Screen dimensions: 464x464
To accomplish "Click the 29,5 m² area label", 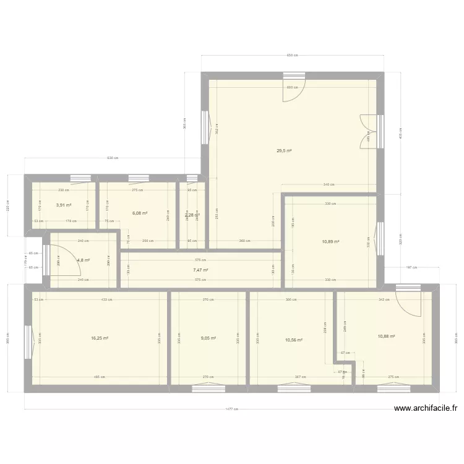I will pyautogui.click(x=285, y=150).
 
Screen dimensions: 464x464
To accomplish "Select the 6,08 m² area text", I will pyautogui.click(x=140, y=213).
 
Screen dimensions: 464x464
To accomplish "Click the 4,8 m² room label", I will pyautogui.click(x=84, y=260).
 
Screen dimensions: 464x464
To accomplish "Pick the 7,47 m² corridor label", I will pyautogui.click(x=200, y=270).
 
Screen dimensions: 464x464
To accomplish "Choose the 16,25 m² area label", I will pyautogui.click(x=99, y=338).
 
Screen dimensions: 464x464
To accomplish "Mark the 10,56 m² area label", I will pyautogui.click(x=293, y=340).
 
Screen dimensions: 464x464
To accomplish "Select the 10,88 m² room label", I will pyautogui.click(x=386, y=337).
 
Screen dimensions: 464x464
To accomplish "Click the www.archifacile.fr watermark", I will pyautogui.click(x=425, y=408).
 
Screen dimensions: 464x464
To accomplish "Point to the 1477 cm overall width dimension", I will pyautogui.click(x=232, y=408).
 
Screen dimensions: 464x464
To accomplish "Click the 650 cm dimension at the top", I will pyautogui.click(x=292, y=56).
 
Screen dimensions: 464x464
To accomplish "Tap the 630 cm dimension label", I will pyautogui.click(x=111, y=158).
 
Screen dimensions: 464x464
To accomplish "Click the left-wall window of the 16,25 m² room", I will pyautogui.click(x=28, y=341).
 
